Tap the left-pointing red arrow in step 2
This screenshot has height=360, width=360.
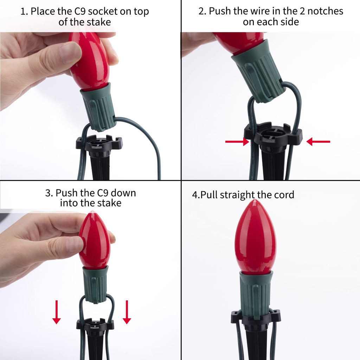tap(318, 142)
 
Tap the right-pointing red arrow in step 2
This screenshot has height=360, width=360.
tap(237, 142)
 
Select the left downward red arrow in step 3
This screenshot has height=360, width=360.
tap(57, 312)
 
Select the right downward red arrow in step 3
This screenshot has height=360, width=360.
tap(127, 312)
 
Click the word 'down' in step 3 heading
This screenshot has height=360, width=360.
tap(123, 193)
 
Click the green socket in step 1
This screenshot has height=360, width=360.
tap(99, 107)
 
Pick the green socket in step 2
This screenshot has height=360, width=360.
tap(258, 71)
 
